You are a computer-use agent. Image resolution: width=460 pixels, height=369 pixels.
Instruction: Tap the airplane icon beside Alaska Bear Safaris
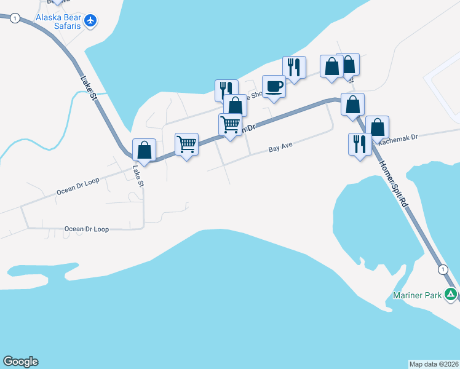tap(91, 20)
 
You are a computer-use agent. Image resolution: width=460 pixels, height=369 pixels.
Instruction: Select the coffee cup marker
tap(274, 87)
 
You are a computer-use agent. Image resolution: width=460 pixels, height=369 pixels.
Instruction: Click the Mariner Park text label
tap(418, 295)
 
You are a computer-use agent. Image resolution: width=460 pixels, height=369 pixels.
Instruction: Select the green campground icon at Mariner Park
tap(451, 295)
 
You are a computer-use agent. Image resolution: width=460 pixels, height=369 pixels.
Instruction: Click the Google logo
tap(20, 362)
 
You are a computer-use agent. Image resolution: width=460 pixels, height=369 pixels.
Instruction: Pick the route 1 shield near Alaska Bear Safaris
tap(14, 18)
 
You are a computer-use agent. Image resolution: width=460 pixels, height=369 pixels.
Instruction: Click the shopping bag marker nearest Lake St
tap(144, 150)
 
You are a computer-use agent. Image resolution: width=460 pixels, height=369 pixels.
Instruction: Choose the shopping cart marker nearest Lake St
tap(186, 145)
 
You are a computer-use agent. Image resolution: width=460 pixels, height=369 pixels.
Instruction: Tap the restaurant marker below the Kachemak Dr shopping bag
tap(360, 145)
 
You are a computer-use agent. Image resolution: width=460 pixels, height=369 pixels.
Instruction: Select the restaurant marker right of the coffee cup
tap(295, 68)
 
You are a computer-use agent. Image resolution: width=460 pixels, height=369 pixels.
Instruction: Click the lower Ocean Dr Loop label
tap(86, 229)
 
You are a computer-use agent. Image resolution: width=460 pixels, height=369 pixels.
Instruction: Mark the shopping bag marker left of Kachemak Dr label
tap(377, 127)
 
